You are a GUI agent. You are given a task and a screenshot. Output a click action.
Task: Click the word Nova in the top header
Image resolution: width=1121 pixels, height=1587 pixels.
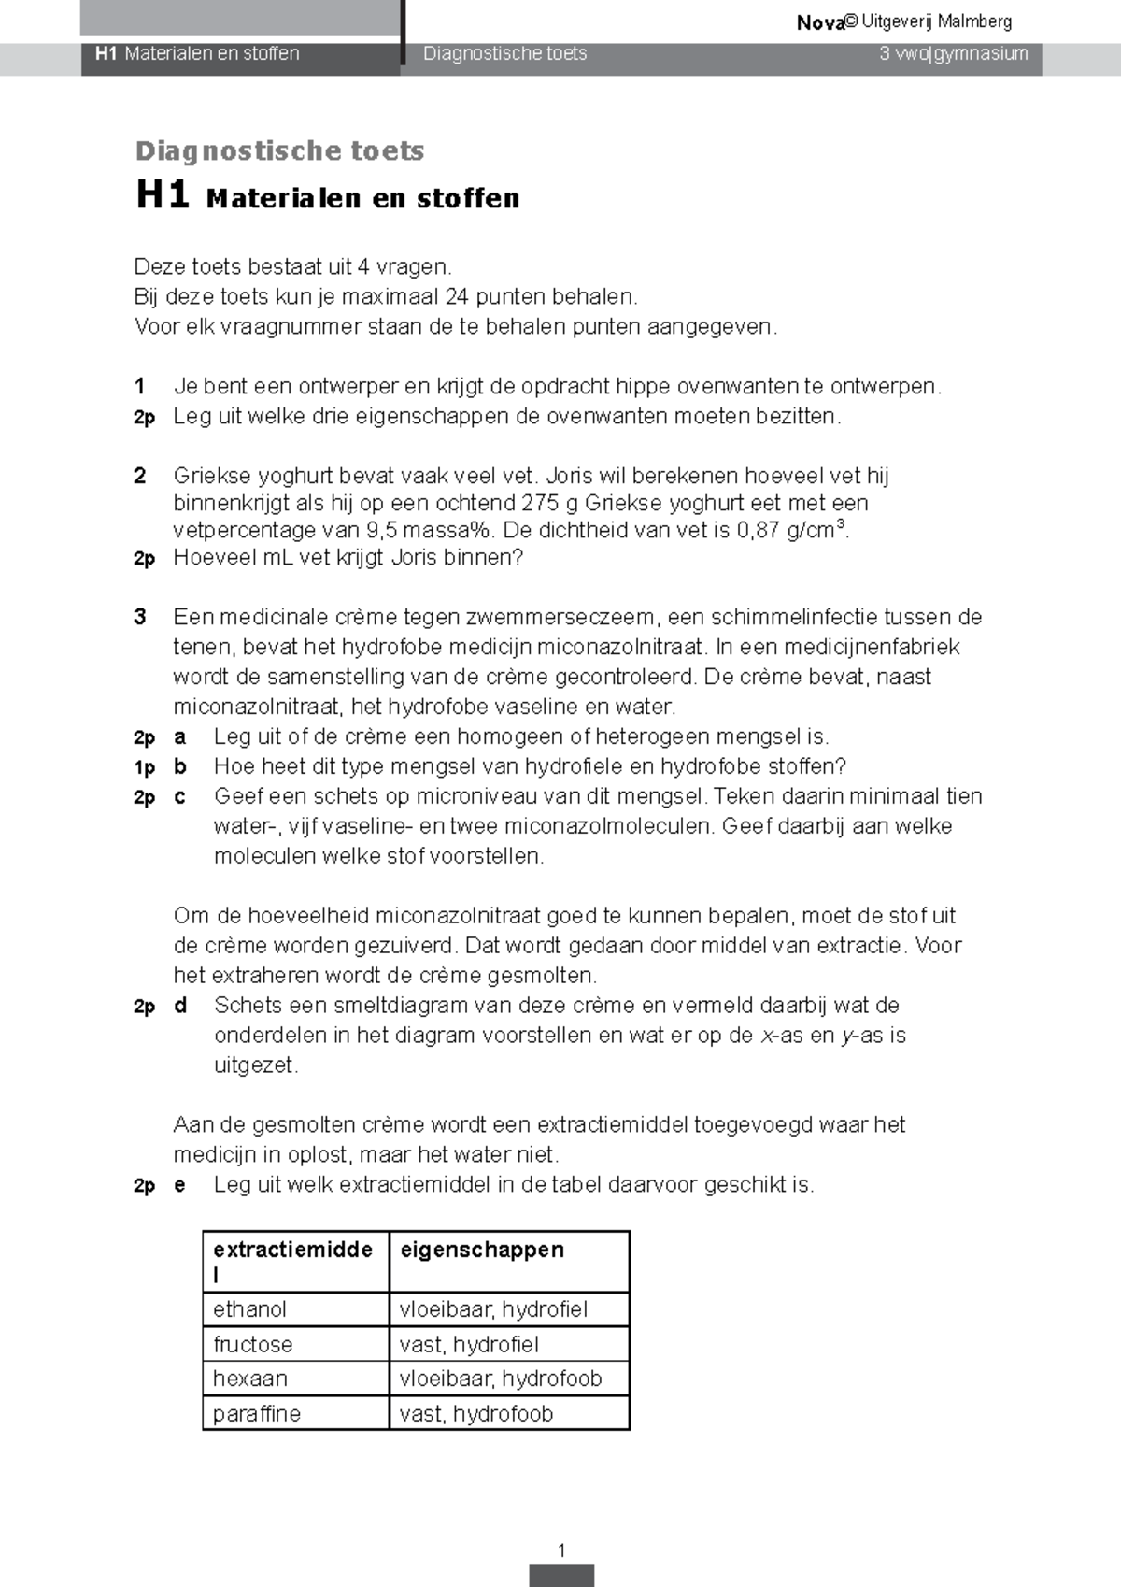pos(819,22)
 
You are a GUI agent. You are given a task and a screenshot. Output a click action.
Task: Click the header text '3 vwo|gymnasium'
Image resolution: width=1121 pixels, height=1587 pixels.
pos(953,54)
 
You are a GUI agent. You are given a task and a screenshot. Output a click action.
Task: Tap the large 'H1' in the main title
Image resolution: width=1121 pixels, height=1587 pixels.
pos(163,195)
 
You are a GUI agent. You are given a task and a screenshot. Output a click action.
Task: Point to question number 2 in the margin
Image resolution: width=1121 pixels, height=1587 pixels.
pos(140,476)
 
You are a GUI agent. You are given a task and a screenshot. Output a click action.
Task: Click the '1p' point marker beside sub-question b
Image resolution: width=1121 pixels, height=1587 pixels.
pos(144,767)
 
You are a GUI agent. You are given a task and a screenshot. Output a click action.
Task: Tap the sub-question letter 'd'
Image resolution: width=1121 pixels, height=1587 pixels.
pos(180,1006)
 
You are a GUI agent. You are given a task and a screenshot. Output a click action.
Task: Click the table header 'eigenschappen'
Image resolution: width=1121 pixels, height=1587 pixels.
pos(482,1250)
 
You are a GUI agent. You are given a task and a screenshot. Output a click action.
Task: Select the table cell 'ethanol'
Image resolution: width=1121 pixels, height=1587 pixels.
pos(249,1309)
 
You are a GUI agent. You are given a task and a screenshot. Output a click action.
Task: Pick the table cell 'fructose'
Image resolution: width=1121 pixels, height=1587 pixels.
pos(252,1344)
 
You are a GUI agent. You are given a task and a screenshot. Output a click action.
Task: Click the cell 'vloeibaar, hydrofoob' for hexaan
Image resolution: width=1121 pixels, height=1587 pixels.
pos(501,1379)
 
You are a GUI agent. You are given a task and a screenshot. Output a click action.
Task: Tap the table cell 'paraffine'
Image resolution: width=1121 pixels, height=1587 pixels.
pos(256,1413)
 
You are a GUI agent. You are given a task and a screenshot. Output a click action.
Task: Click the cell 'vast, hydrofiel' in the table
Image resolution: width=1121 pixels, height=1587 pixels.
pos(469,1344)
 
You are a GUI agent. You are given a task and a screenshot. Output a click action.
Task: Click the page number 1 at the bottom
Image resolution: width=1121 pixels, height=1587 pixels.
pos(560,1551)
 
